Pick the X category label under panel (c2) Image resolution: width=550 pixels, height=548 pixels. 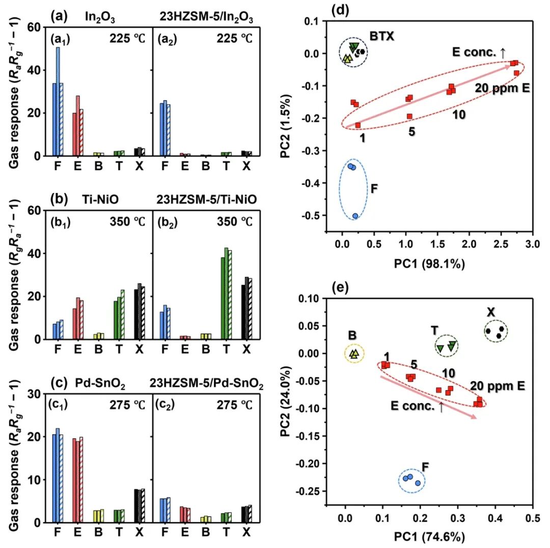pyautogui.click(x=246, y=532)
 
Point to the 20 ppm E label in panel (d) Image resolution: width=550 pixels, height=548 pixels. pyautogui.click(x=502, y=88)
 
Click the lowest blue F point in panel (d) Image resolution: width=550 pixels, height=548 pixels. pyautogui.click(x=355, y=216)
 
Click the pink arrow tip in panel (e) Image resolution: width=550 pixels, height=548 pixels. pyautogui.click(x=476, y=418)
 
